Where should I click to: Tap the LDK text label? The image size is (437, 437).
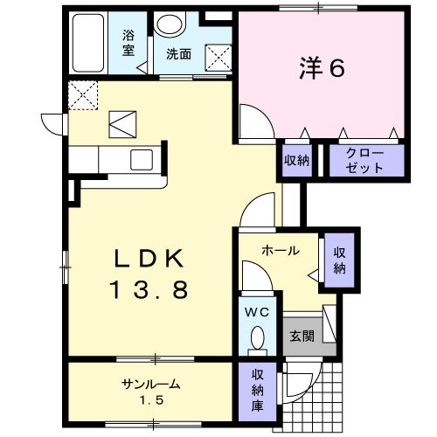(149, 259)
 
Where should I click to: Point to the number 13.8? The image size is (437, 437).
(149, 289)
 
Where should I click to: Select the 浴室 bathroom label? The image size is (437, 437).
(128, 44)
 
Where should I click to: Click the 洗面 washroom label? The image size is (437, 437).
(179, 52)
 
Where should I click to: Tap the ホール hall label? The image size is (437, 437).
(281, 251)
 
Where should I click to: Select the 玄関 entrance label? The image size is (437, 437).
(302, 335)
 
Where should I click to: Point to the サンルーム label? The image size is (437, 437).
(150, 384)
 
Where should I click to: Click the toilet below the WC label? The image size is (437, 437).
(257, 337)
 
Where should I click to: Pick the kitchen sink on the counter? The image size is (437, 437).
(141, 160)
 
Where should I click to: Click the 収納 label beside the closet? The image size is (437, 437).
(296, 160)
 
